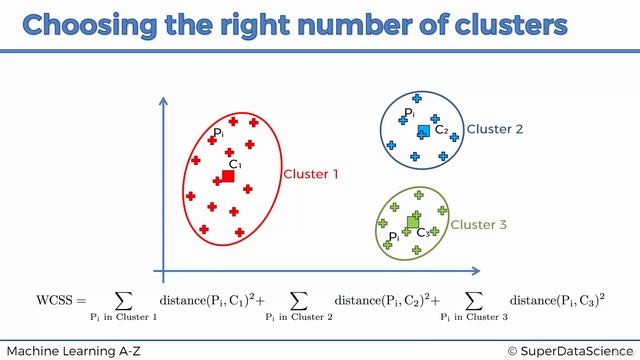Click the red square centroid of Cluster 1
point(228,176)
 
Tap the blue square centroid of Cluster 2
point(423,130)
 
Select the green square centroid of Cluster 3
point(413,221)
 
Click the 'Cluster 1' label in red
point(311,174)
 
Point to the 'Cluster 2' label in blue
point(495,129)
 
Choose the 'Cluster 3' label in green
point(479,225)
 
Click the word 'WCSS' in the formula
point(55,300)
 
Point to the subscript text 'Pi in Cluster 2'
point(299,318)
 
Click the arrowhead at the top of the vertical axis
point(158,100)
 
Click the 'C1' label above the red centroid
point(235,164)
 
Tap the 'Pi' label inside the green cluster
point(394,237)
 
